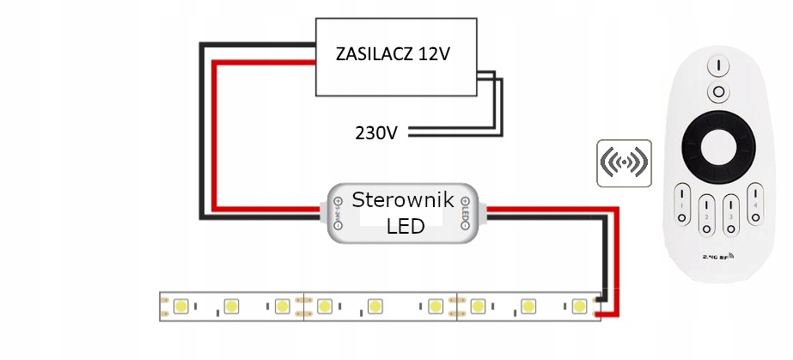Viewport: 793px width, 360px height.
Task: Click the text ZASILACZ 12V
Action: (393, 55)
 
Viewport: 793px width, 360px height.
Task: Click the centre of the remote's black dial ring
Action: (716, 150)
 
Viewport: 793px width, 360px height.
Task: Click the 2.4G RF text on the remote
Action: (717, 256)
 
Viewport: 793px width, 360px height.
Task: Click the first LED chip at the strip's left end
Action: (181, 306)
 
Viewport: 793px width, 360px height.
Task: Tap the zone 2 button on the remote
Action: (705, 212)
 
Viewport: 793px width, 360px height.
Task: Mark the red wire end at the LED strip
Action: (604, 315)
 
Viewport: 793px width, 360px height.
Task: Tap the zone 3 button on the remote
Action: (731, 212)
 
